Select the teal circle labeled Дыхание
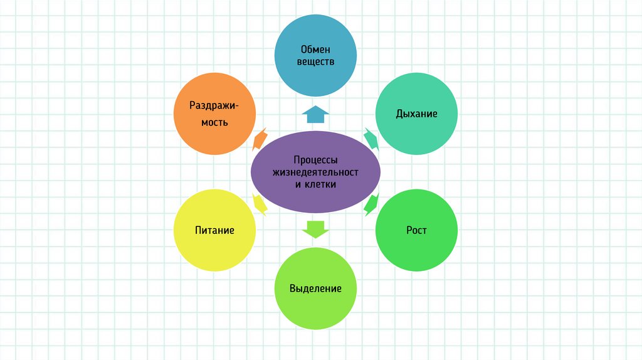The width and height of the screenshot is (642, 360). click(x=416, y=114)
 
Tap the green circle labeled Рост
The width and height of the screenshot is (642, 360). click(x=416, y=230)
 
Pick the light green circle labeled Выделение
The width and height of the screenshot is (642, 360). click(x=315, y=289)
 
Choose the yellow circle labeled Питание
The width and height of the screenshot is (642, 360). click(x=214, y=230)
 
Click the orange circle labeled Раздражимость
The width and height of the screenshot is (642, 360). click(x=214, y=114)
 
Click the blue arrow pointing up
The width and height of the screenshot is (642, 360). click(x=315, y=114)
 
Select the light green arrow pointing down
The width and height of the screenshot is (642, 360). click(x=315, y=229)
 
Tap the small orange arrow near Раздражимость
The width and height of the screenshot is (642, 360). click(x=260, y=138)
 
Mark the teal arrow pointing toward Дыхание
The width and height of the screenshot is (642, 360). click(x=371, y=138)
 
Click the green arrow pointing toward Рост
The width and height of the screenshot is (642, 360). click(x=371, y=204)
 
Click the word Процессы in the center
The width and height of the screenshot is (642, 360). click(x=315, y=160)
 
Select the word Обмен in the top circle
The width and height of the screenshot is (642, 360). click(x=315, y=49)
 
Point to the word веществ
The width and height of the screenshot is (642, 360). click(x=315, y=61)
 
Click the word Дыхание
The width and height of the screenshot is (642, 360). click(x=416, y=114)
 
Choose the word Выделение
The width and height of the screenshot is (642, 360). click(x=315, y=289)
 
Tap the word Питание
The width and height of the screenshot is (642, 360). click(x=214, y=230)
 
